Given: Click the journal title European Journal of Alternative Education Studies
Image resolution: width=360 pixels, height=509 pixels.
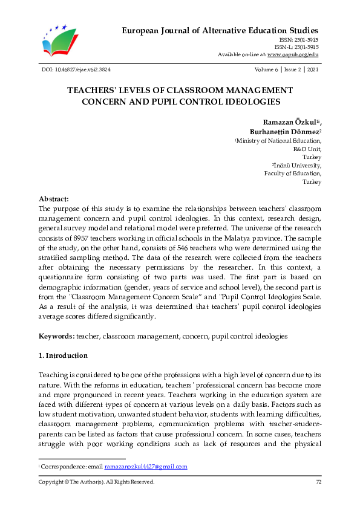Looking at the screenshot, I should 220,30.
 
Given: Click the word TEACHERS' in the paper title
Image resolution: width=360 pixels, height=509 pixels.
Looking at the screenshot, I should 94,90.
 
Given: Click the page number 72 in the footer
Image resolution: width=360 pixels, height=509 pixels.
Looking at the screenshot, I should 318,482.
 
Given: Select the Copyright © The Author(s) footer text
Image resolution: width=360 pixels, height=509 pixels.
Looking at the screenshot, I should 96,482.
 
